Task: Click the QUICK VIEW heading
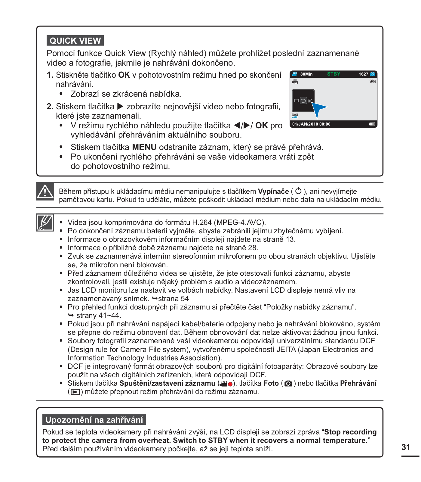point(75,41)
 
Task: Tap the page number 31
point(406,447)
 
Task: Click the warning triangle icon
point(45,191)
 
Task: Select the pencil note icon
point(45,223)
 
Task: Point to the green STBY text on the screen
point(333,74)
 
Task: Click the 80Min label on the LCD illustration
point(306,74)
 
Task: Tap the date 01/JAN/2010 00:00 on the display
point(311,124)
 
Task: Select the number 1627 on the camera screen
point(363,74)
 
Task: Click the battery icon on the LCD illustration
point(372,124)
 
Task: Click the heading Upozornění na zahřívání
point(94,420)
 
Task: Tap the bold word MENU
point(144,147)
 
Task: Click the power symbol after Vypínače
point(298,191)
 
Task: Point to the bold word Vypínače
point(273,191)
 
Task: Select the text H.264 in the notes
point(202,222)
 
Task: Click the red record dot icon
point(230,384)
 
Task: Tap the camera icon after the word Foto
point(288,384)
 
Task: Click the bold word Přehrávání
point(358,383)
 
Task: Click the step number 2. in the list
point(50,107)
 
